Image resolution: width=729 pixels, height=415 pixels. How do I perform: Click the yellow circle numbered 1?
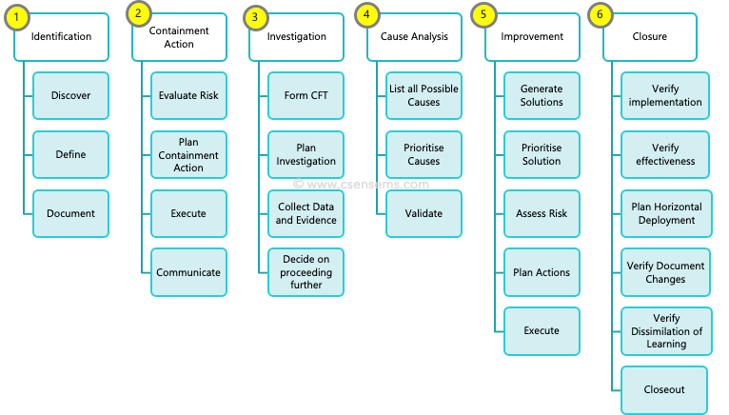pyautogui.click(x=16, y=15)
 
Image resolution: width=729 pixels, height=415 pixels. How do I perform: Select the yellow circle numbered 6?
pyautogui.click(x=601, y=14)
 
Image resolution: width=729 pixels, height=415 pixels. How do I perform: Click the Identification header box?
pyautogui.click(x=62, y=37)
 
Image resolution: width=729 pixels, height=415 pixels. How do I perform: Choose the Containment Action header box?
pyautogui.click(x=179, y=37)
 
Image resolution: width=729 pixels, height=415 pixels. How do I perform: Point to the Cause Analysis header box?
pyautogui.click(x=416, y=37)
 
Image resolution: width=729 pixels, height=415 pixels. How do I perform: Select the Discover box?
pyautogui.click(x=71, y=95)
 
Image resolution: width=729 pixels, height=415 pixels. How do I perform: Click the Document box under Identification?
pyautogui.click(x=71, y=213)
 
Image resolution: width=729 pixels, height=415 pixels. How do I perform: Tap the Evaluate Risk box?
pyautogui.click(x=188, y=95)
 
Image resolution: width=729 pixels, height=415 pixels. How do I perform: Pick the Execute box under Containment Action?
pyautogui.click(x=188, y=213)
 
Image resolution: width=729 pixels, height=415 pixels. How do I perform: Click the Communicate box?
pyautogui.click(x=188, y=272)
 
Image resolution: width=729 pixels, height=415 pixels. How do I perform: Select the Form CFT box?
pyautogui.click(x=306, y=95)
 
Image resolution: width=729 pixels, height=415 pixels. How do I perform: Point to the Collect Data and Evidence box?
pyautogui.click(x=306, y=213)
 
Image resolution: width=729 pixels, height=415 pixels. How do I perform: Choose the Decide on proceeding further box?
pyautogui.click(x=306, y=272)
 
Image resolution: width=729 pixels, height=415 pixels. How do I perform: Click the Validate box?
pyautogui.click(x=424, y=213)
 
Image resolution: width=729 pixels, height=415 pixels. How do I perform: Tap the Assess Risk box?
pyautogui.click(x=542, y=213)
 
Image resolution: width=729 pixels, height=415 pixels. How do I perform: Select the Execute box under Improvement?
pyautogui.click(x=542, y=330)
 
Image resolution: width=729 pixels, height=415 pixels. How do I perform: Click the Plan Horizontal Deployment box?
pyautogui.click(x=665, y=213)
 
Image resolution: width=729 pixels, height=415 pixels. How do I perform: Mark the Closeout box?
pyautogui.click(x=664, y=389)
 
